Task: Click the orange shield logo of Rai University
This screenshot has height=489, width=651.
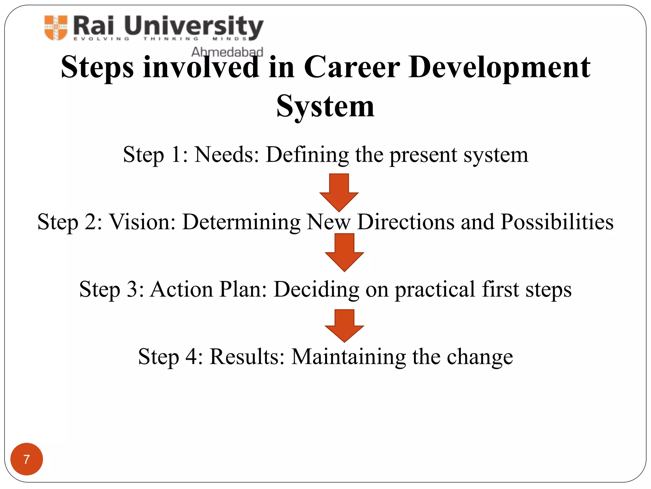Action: (x=56, y=28)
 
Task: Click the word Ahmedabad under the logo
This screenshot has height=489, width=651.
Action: (x=227, y=52)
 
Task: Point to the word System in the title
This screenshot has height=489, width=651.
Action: (x=325, y=106)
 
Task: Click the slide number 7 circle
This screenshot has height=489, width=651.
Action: (x=27, y=459)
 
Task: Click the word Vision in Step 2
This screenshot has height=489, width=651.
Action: (x=142, y=222)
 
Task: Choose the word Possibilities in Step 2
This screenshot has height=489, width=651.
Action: (x=557, y=222)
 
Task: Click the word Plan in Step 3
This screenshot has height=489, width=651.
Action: (x=243, y=289)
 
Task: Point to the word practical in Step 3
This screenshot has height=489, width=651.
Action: (x=435, y=290)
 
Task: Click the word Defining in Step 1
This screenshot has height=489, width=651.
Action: (x=307, y=155)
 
